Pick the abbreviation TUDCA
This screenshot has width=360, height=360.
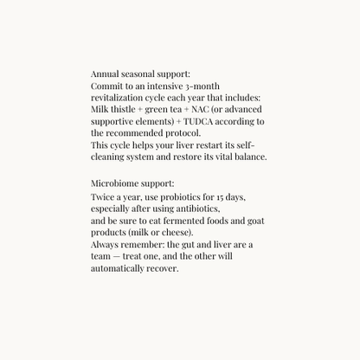pos(191,122)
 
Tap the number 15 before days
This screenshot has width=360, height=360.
pos(222,197)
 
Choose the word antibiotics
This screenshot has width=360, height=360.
pos(196,209)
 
